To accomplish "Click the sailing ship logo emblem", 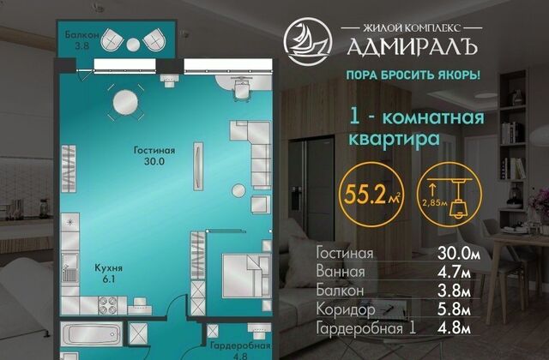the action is pos(308,41).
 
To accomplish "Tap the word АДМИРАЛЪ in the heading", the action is pos(412,45).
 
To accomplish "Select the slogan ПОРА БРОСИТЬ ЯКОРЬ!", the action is pos(413,75).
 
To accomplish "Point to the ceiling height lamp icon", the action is pos(449,195).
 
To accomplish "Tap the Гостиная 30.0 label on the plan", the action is pos(154,156).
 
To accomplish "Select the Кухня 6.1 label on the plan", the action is pos(109,273).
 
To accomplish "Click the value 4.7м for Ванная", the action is pos(454,272).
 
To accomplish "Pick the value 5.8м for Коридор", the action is pos(454,309).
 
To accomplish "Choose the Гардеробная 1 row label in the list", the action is pos(366,329).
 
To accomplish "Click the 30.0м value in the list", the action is pos(459,253).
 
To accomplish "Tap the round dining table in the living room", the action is pos(125,102).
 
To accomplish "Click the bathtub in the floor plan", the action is pos(92,334).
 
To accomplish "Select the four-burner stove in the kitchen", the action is pos(108,305).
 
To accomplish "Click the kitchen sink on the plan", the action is pos(70,268).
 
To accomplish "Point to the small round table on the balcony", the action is pos(133,44).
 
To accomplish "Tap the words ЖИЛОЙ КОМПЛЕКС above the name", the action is pos(412,28).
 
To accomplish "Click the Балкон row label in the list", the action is pos(340,291).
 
